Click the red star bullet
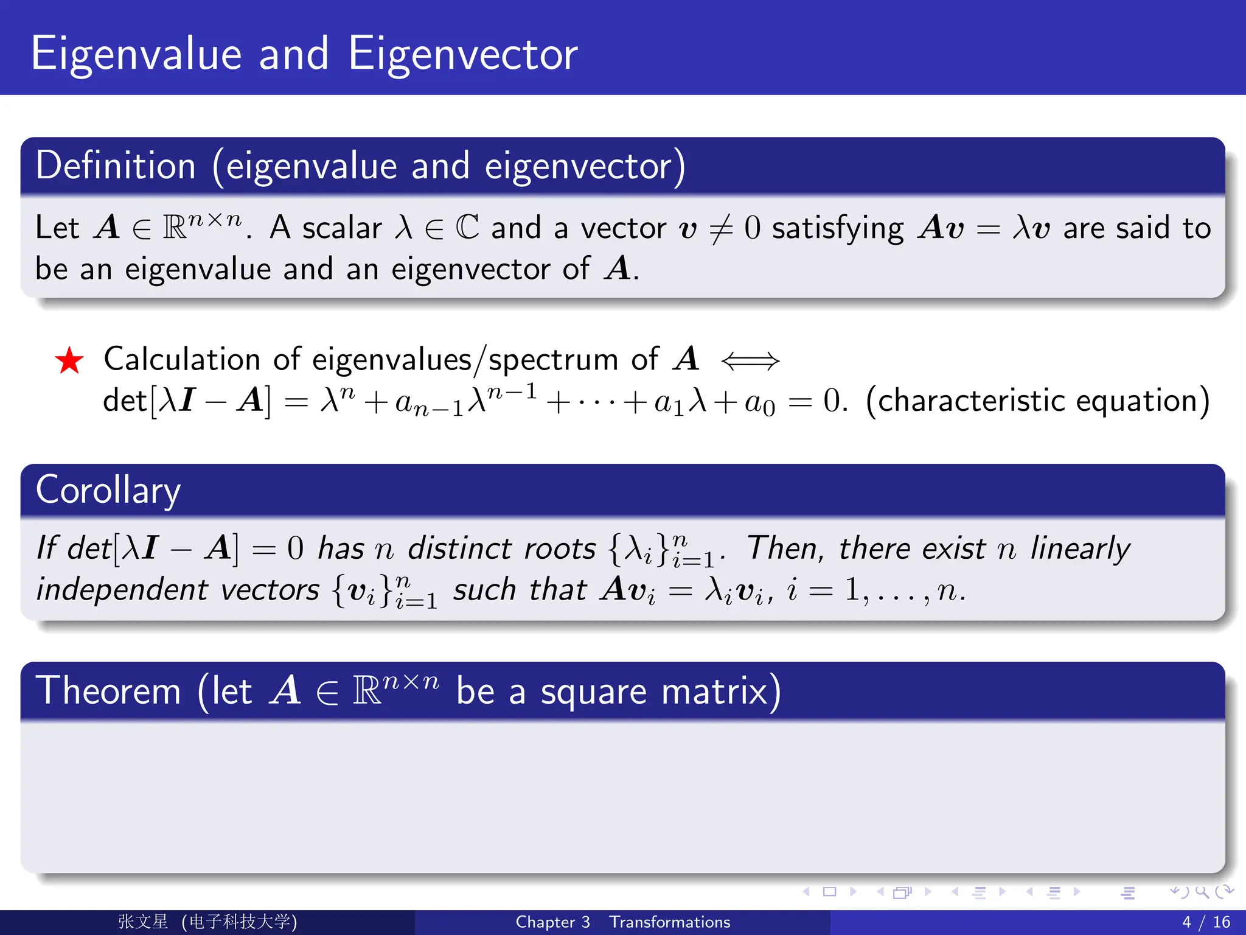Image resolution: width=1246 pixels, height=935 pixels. point(69,360)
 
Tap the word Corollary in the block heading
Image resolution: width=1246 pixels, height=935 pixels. point(108,491)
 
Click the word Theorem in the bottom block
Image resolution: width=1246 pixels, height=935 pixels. point(108,692)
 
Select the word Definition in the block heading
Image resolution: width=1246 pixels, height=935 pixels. point(116,166)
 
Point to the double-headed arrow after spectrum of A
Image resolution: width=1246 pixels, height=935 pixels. point(750,361)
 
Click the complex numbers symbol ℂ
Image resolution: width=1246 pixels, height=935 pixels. point(467,228)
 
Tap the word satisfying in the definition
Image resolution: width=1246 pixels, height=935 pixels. point(838,229)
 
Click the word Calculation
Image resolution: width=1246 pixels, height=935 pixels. point(182,359)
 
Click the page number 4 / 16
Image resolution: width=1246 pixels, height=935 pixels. point(1206,922)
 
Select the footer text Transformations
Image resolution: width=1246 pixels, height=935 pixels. point(670,922)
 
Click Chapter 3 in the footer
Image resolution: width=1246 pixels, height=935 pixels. point(552,922)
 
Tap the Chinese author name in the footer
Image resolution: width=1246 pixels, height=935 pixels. point(143,922)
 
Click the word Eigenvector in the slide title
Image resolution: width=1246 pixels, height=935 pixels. point(463,55)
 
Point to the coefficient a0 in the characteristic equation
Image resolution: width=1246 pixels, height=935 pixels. point(760,403)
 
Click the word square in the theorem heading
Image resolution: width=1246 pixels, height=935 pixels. point(594,693)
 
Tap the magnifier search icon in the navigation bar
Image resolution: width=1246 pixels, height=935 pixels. point(1202,892)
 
